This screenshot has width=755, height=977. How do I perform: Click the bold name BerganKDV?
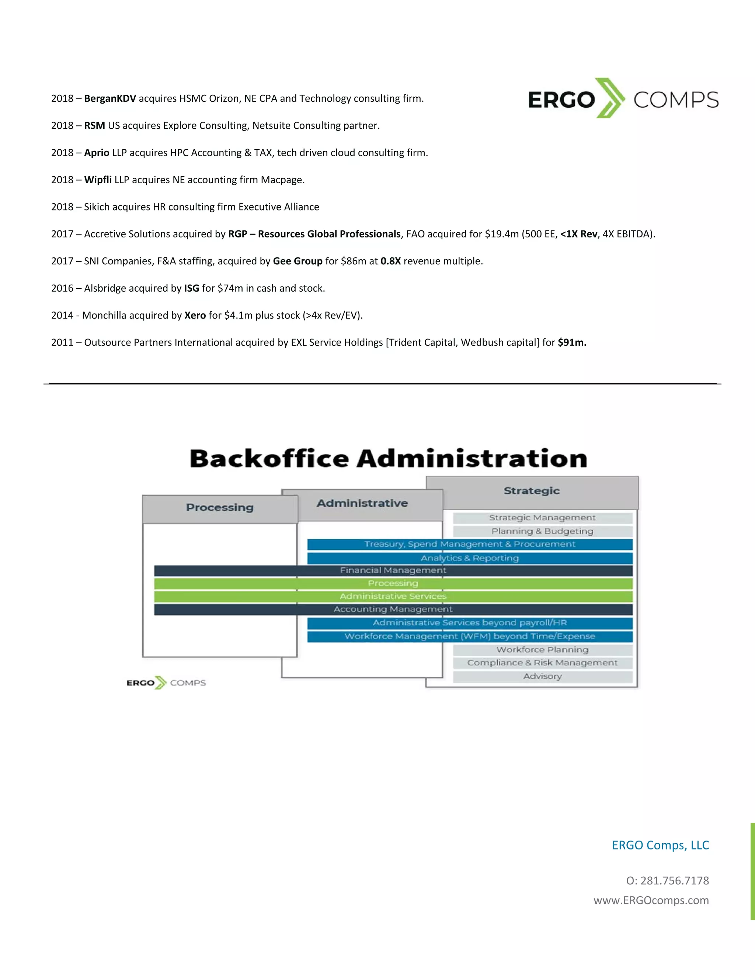coord(109,98)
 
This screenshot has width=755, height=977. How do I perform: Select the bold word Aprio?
coord(97,153)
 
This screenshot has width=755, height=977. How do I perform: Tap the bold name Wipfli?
coord(98,180)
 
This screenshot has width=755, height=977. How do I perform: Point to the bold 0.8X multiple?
coord(390,261)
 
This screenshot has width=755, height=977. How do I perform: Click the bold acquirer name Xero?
coord(195,315)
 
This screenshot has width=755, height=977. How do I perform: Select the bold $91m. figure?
coord(572,343)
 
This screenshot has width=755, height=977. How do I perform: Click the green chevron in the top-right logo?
coord(610,98)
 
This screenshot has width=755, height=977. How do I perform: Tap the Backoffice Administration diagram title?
coord(388,459)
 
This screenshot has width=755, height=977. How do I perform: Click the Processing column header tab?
coord(220,508)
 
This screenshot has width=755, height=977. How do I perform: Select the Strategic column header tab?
coord(531,491)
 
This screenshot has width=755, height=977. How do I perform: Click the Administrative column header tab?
coord(362,504)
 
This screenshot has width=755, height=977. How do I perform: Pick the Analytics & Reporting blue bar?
coord(470,558)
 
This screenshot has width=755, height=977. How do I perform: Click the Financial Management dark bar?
coord(393,570)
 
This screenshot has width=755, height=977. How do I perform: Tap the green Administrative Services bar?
coord(393,596)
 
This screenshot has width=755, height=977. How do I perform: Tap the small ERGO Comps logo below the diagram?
coord(166,683)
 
